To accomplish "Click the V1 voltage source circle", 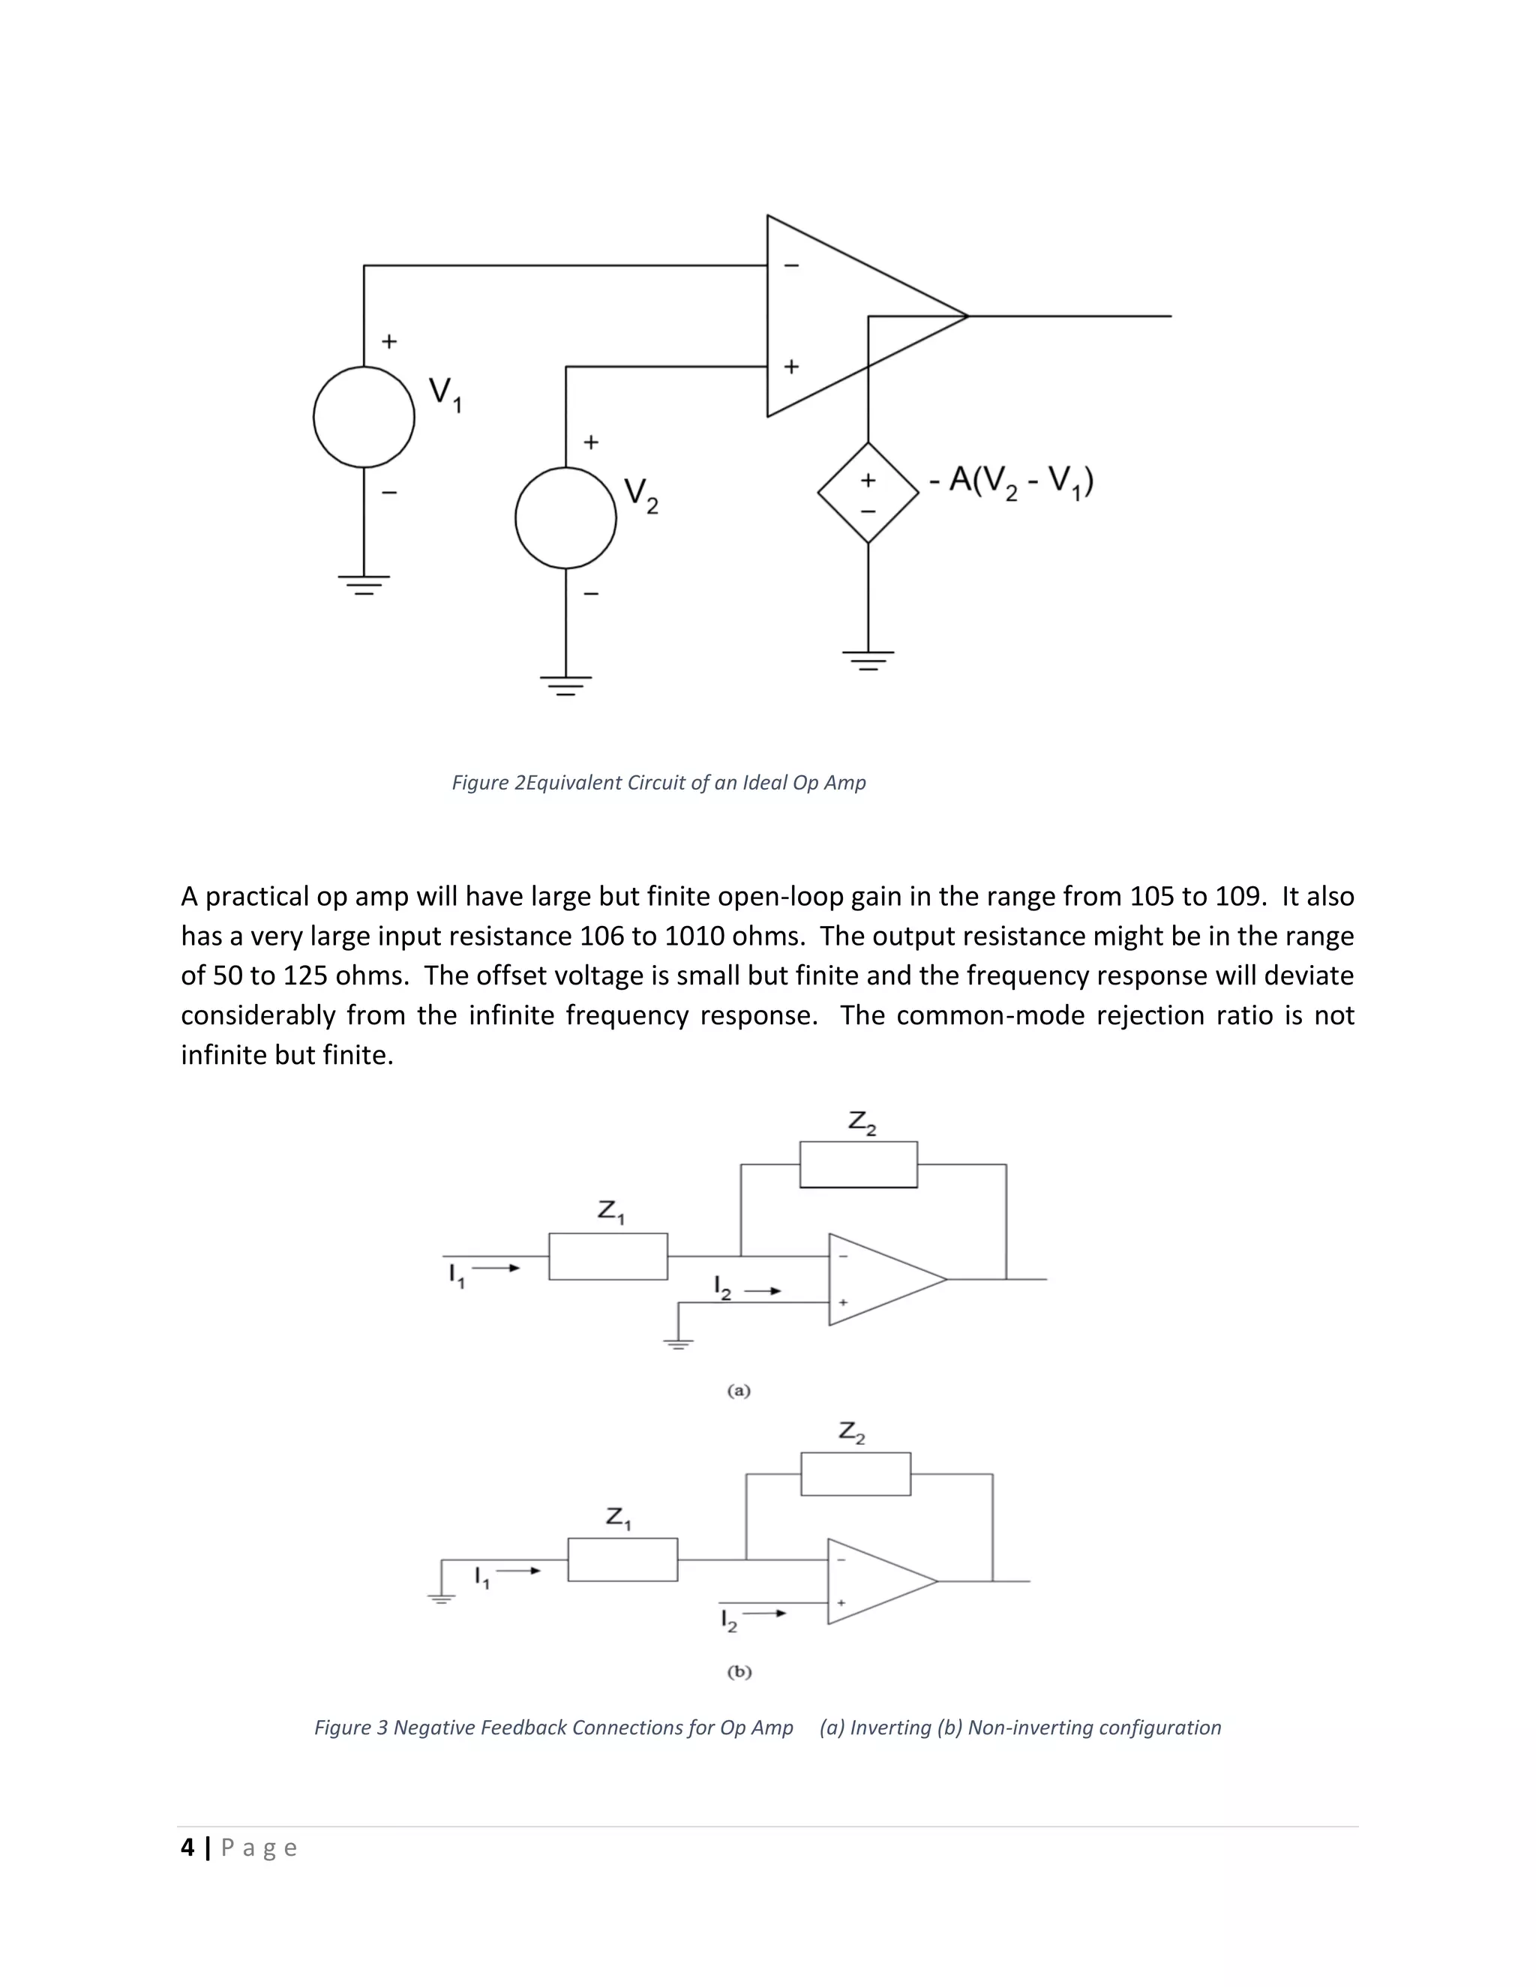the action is click(x=364, y=418).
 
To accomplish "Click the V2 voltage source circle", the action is click(x=566, y=517).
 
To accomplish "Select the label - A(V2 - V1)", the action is click(x=1011, y=481).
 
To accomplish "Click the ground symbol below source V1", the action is click(x=364, y=583).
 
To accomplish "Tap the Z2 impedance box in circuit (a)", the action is click(x=858, y=1164).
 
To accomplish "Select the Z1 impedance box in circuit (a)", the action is click(x=607, y=1257).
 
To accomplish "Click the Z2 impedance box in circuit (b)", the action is click(x=855, y=1474).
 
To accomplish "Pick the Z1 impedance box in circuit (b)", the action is click(x=622, y=1560).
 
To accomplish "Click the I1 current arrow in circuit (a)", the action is click(x=495, y=1268).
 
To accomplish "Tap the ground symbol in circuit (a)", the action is click(x=678, y=1344).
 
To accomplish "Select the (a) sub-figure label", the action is click(x=739, y=1391).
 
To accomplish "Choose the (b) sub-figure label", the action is click(x=739, y=1671).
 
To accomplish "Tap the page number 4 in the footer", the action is click(x=187, y=1848).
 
